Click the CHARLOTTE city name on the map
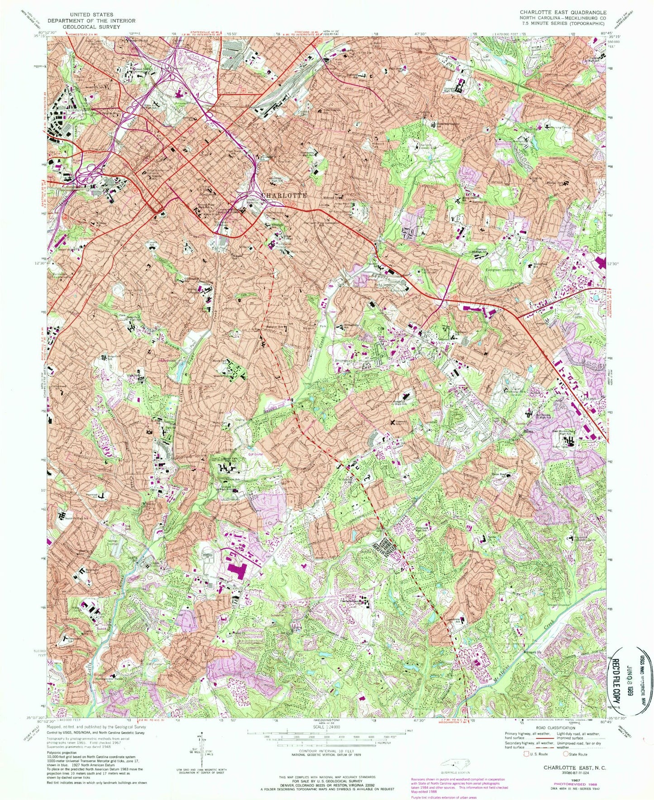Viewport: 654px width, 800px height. (x=284, y=195)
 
